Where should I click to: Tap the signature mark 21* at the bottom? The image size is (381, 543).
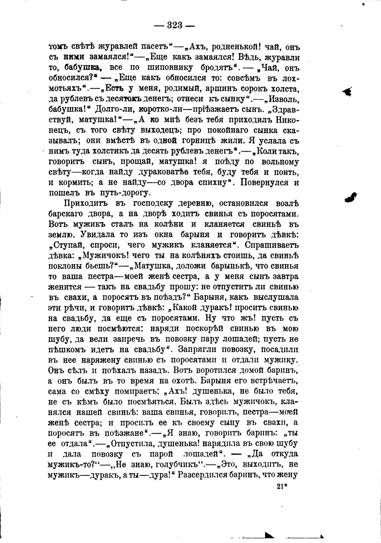282,487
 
